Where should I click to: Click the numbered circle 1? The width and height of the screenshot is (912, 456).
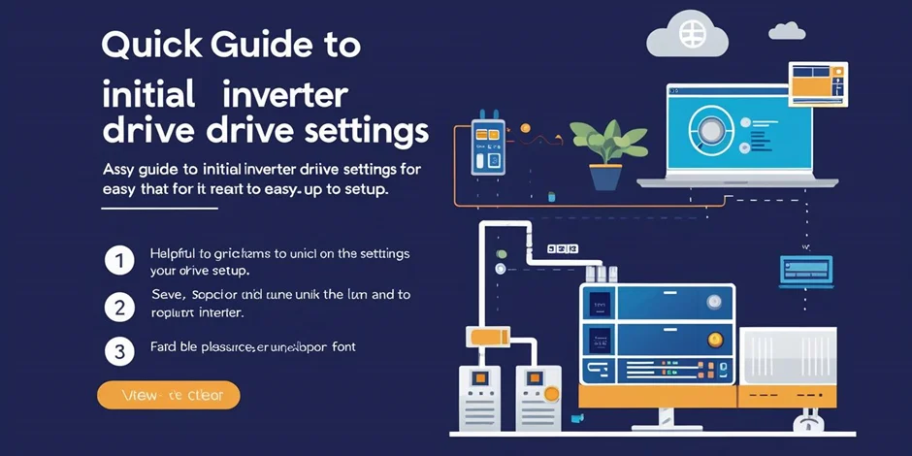point(118,260)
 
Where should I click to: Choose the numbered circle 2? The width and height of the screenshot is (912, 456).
point(118,308)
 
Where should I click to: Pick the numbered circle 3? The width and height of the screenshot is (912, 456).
point(118,351)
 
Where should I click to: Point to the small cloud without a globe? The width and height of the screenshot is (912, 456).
point(786,31)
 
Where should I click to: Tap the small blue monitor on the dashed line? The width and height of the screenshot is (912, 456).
point(805,268)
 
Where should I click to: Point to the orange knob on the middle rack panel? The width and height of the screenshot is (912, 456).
point(716,339)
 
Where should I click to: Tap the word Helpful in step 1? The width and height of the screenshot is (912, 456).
point(172,253)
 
